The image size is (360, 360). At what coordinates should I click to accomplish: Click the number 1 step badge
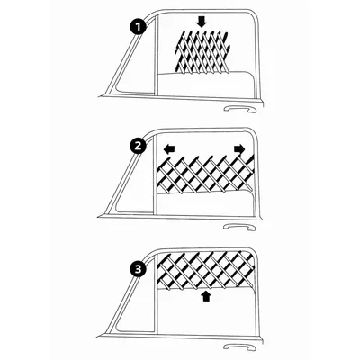(x=137, y=27)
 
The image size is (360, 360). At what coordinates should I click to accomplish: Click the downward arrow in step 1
(x=201, y=20)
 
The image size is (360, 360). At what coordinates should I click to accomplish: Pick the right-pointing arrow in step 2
(x=238, y=147)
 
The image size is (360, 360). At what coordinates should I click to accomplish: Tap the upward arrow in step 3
(x=206, y=293)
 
